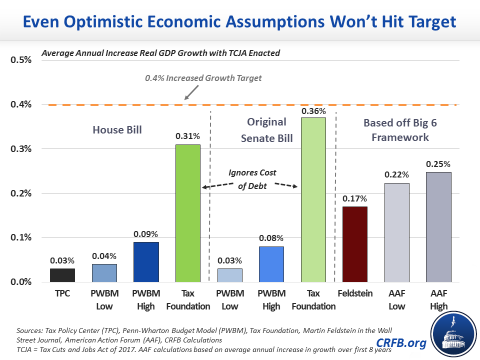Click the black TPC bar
point(62,275)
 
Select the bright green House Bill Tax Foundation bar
point(187,213)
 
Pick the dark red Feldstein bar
point(354,244)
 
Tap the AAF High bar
point(438,227)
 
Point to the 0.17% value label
point(354,198)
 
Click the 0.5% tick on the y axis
point(21,60)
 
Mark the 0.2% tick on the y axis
point(21,193)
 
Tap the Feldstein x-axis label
point(354,293)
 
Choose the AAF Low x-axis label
point(396,299)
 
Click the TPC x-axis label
point(62,293)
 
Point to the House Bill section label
point(117,130)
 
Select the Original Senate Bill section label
point(267,130)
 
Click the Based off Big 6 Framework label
point(396,130)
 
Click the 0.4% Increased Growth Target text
point(203,78)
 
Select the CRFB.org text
point(395,343)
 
